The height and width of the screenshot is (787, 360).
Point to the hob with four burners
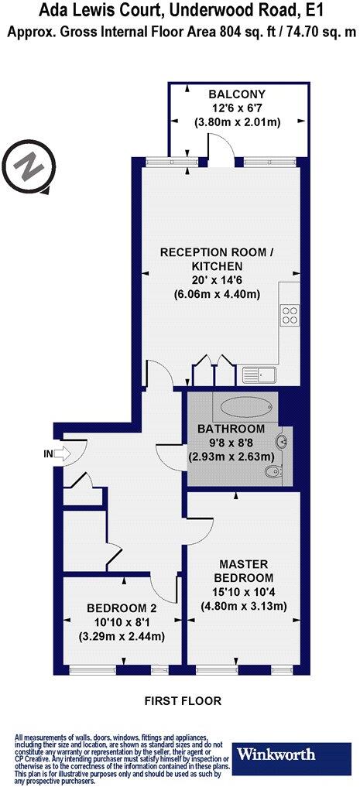coord(290,316)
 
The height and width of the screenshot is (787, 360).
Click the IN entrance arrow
coord(58,454)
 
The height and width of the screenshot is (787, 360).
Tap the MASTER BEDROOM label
coord(245,571)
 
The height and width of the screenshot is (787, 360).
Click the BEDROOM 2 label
coord(124,607)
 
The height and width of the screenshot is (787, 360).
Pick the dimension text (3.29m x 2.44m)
coord(124,637)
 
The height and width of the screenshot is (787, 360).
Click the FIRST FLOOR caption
coord(183,701)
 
